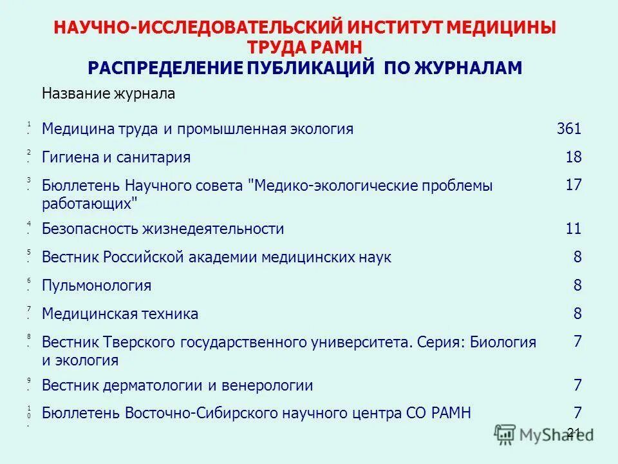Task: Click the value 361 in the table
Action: (x=568, y=129)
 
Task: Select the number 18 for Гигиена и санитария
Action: (x=573, y=157)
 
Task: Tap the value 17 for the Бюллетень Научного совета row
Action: (x=573, y=185)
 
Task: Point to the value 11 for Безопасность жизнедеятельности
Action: (x=573, y=229)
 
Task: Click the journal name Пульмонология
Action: (x=97, y=285)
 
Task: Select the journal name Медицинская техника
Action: (x=120, y=314)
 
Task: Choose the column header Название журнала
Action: (x=108, y=94)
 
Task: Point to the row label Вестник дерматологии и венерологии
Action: (x=177, y=386)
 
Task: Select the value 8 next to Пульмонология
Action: (x=577, y=285)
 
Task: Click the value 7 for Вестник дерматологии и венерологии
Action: (x=577, y=386)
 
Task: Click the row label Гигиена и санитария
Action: (x=116, y=157)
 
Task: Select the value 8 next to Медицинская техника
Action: (x=577, y=314)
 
